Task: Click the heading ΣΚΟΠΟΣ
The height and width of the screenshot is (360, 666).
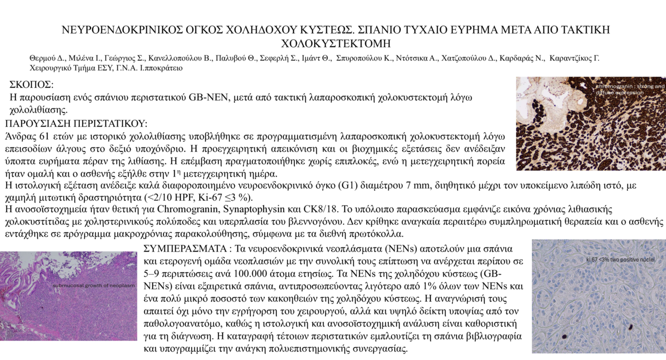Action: [x=32, y=85]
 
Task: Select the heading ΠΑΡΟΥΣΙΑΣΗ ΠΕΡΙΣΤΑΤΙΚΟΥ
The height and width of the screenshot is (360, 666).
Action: [x=76, y=123]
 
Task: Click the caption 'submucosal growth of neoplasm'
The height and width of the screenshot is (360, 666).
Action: [x=94, y=286]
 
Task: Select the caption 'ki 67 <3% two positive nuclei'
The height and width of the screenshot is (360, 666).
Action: [x=620, y=259]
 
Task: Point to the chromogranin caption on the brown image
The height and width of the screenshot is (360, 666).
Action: [x=629, y=89]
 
